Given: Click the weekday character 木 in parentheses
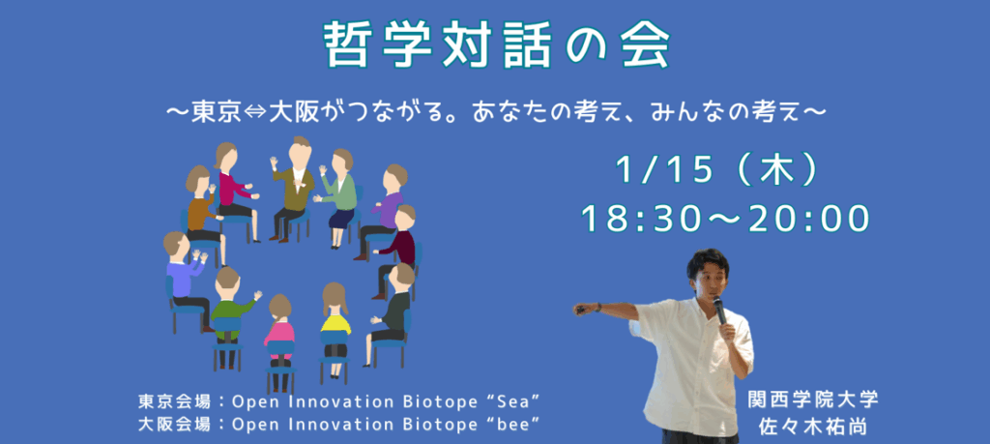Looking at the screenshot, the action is click(x=777, y=170).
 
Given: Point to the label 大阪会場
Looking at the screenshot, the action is click(x=164, y=425).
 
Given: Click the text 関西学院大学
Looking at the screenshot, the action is click(x=813, y=400).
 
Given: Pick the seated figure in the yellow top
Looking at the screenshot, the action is click(x=335, y=329).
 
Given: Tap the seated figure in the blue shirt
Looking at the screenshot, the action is click(x=185, y=278).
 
